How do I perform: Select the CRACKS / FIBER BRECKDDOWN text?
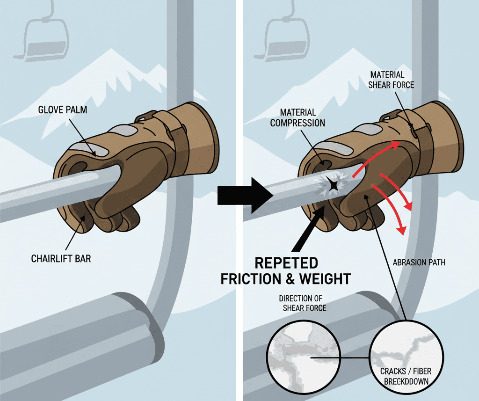(x=406, y=374)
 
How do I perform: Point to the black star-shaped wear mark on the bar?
(x=334, y=185)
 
